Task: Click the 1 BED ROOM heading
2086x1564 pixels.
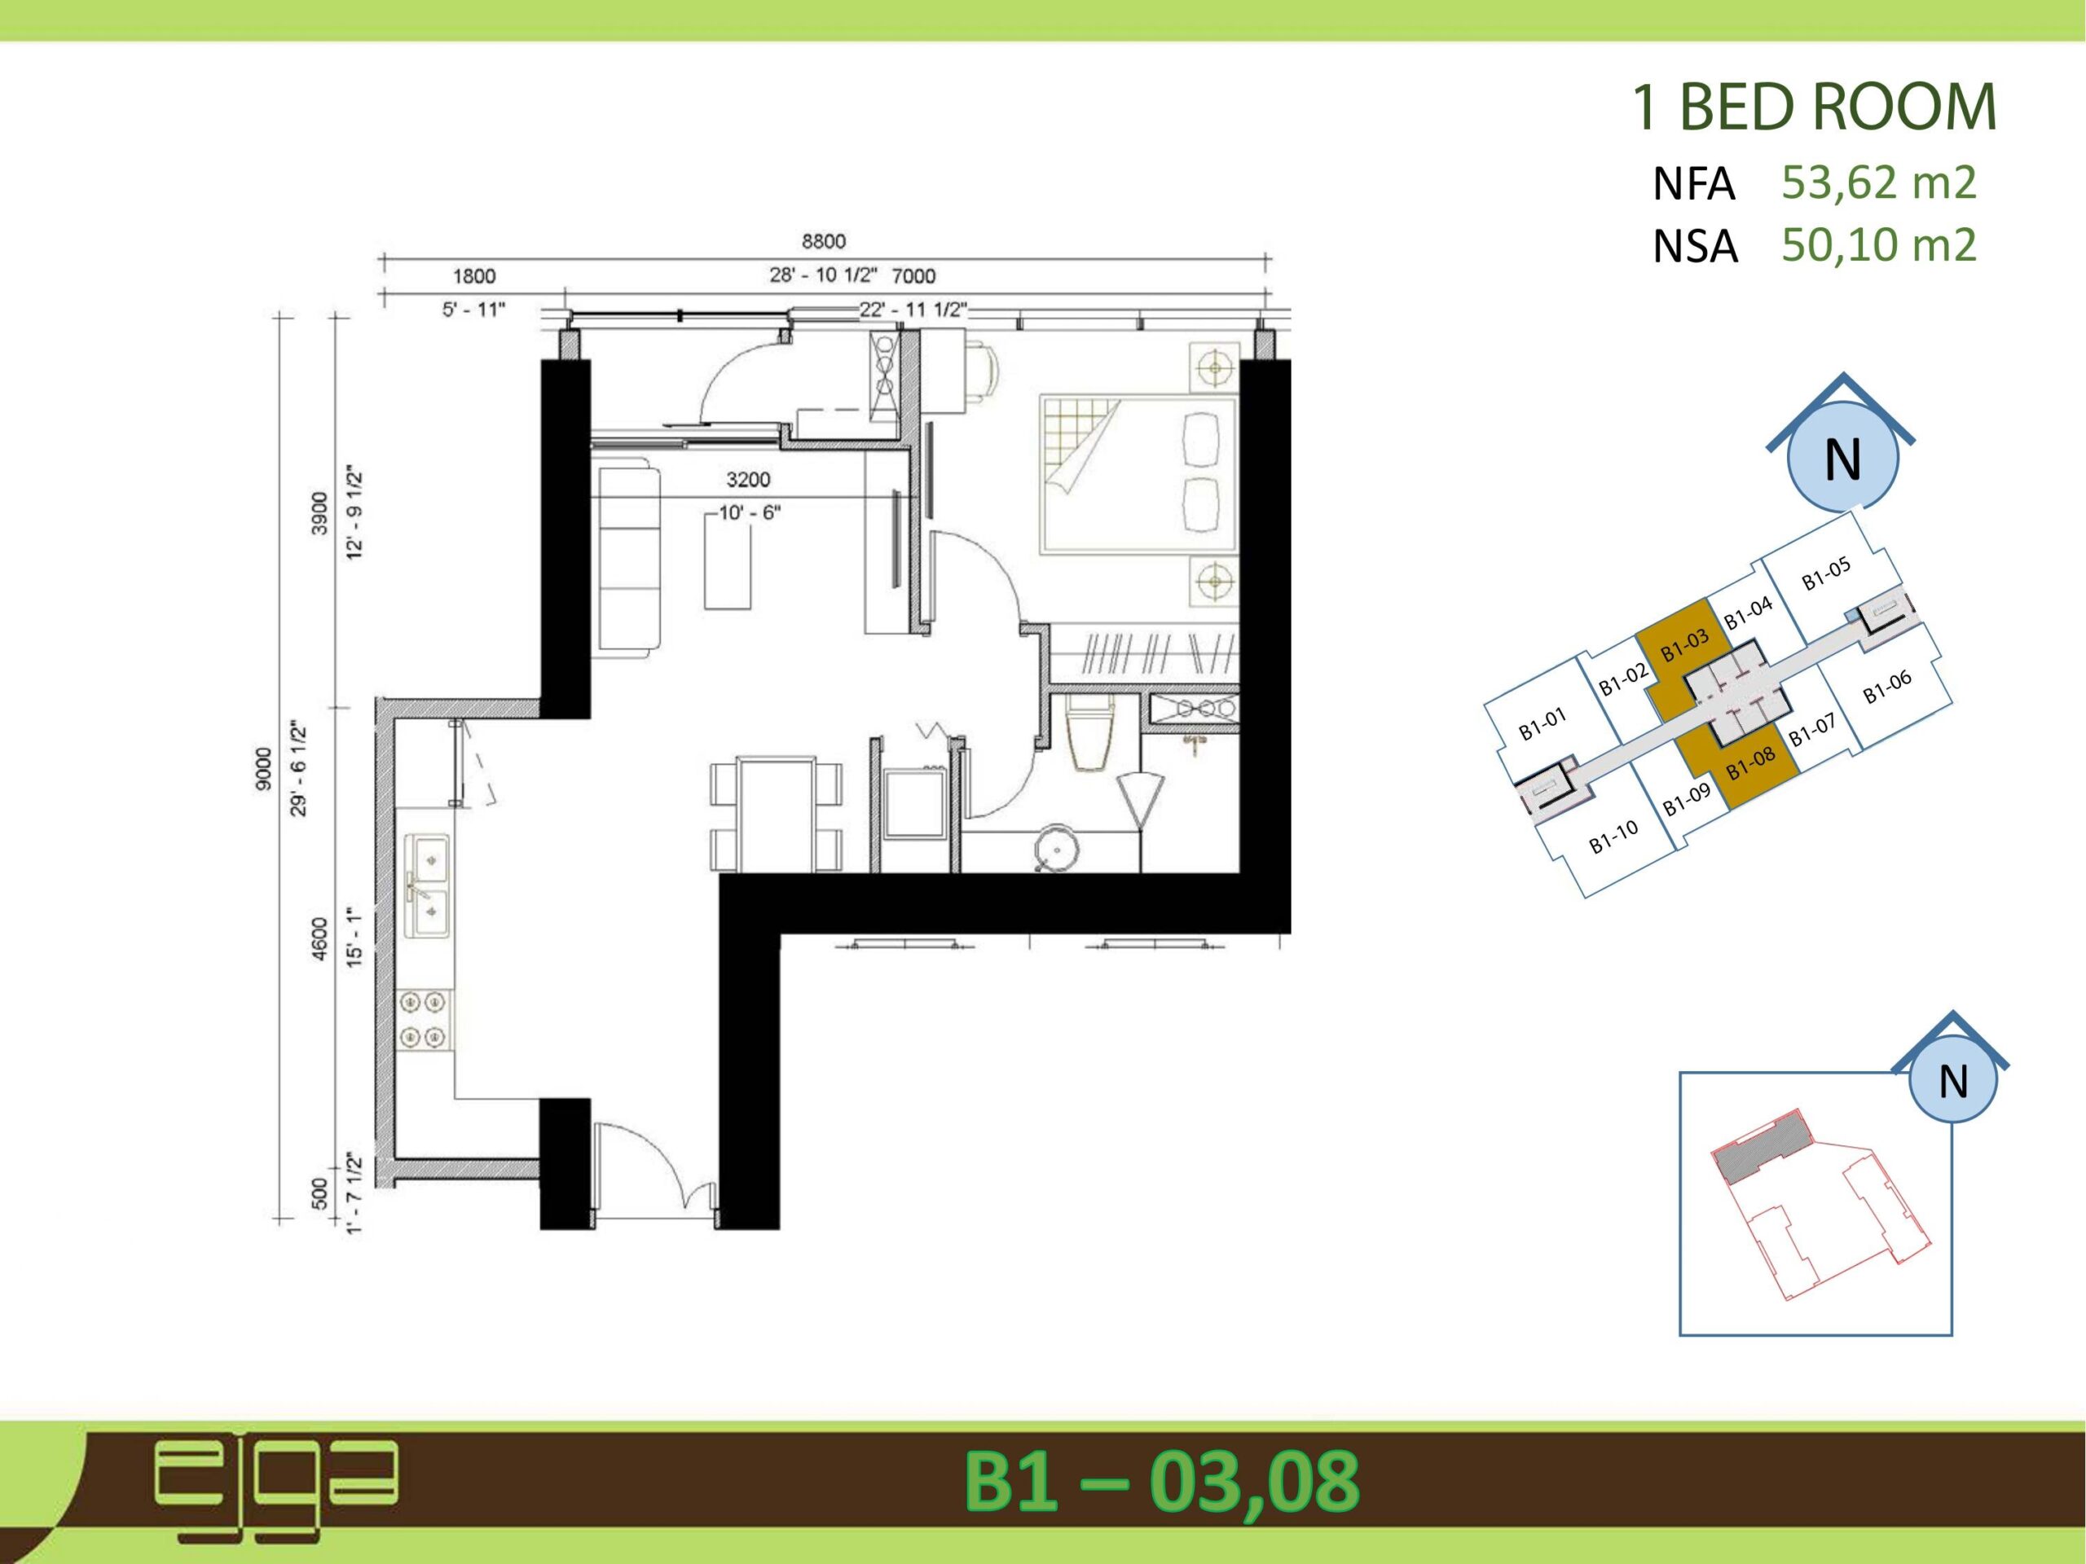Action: [1814, 108]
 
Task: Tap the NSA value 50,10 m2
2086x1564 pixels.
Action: [1878, 244]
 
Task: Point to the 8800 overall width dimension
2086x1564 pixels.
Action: [823, 241]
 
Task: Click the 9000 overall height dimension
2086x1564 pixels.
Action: [263, 768]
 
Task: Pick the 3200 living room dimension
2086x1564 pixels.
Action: [748, 480]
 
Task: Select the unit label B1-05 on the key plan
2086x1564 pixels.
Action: [1826, 574]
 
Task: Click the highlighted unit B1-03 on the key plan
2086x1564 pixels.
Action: [1684, 647]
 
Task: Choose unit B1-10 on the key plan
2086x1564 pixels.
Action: [1613, 837]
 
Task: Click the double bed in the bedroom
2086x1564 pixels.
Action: [1138, 474]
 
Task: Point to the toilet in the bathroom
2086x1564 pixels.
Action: [1091, 732]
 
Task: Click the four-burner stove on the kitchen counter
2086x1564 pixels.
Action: [424, 1019]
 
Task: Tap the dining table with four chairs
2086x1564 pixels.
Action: [776, 815]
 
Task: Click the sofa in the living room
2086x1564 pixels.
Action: [629, 558]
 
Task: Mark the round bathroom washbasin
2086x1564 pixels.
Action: [1054, 847]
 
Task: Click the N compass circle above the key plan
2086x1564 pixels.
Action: [1842, 458]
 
